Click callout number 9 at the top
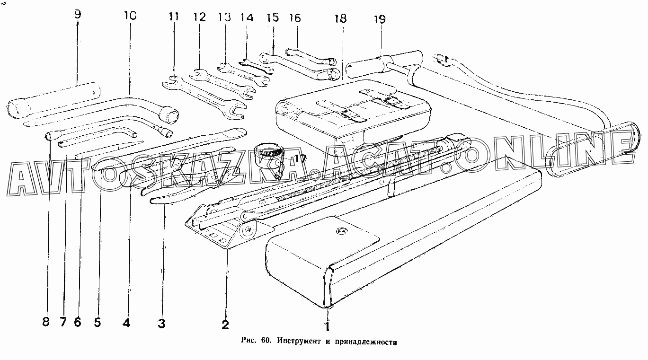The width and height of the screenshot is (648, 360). pos(78,14)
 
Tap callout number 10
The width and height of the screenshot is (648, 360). pos(130,15)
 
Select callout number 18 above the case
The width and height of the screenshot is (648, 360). pos(340,18)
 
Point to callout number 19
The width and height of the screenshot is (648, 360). pos(379,19)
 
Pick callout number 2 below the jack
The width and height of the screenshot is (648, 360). pos(225,325)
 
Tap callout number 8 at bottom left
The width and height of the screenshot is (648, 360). pos(45,322)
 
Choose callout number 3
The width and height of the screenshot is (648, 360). pos(162,324)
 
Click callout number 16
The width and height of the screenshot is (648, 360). pos(295,18)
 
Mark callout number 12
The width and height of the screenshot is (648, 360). pos(199,18)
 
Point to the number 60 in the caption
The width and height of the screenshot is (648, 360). pos(265,341)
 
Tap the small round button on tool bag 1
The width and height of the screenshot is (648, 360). pos(339,231)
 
